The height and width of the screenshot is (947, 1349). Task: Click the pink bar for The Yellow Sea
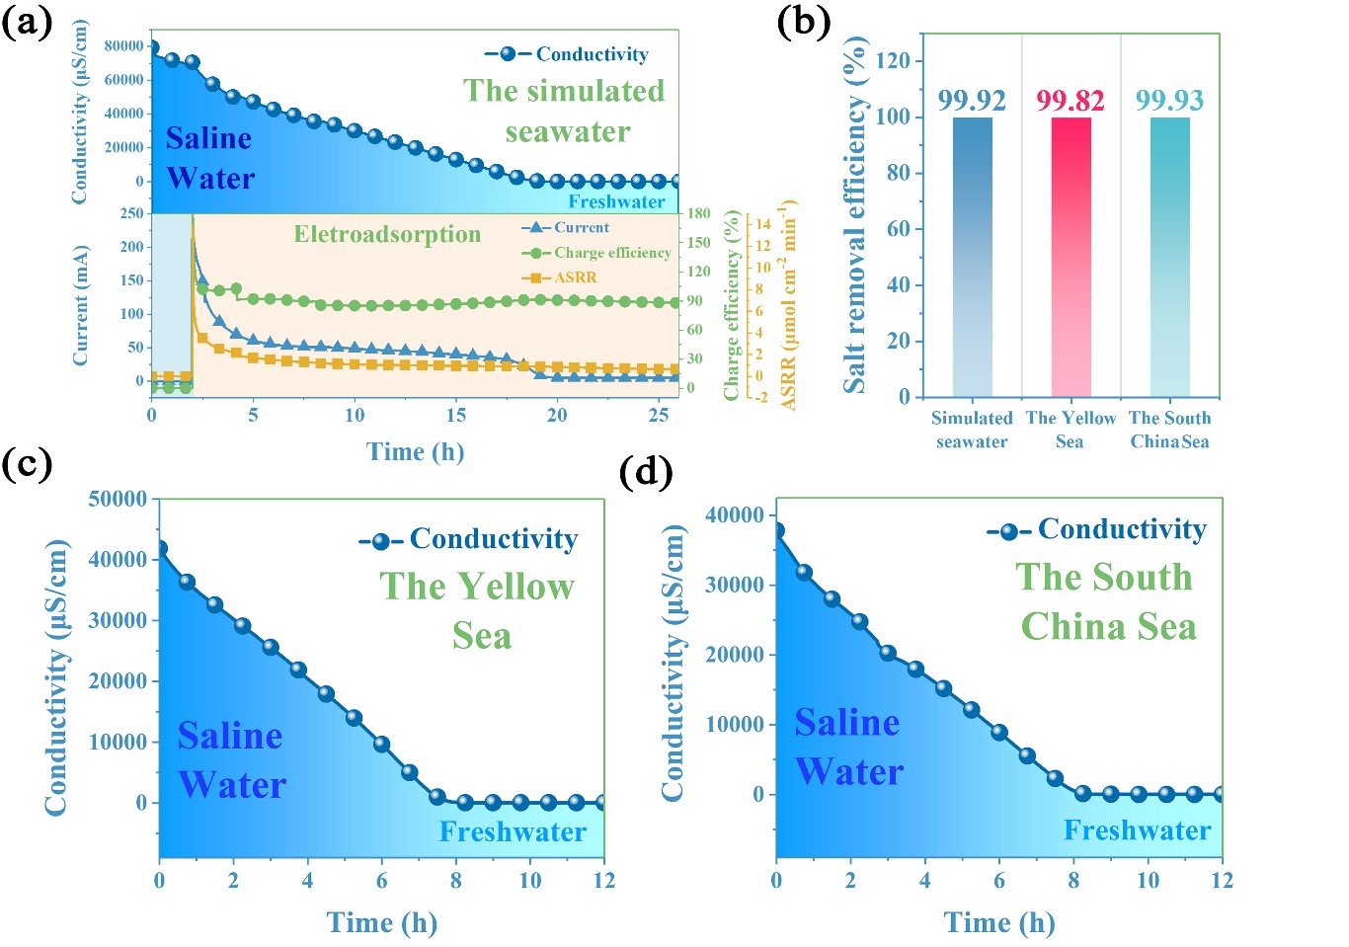pos(1071,257)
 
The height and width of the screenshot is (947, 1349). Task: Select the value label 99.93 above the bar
pos(1169,100)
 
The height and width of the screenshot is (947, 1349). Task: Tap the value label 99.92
pos(972,100)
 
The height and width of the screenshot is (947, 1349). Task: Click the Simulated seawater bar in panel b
pos(972,257)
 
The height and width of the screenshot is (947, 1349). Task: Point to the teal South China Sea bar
pos(1169,257)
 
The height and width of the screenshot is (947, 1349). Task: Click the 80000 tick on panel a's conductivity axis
pos(123,45)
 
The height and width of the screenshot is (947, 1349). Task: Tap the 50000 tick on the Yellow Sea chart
pos(118,499)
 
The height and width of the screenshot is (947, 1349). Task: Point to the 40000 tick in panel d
pos(735,514)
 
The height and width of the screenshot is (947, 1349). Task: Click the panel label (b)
pos(803,22)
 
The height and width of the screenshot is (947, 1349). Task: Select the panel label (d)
pos(646,472)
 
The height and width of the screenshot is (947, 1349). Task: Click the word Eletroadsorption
pos(387,234)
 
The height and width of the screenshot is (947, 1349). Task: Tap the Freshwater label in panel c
pos(513,831)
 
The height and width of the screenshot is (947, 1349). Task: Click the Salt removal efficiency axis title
pos(854,215)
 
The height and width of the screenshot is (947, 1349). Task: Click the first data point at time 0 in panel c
pos(160,548)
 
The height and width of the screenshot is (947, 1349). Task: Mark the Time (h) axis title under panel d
pos(998,922)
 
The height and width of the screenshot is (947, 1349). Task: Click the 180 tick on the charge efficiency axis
pos(699,213)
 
